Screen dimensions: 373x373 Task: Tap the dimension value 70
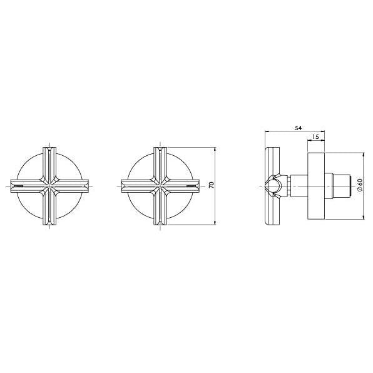pos(211,185)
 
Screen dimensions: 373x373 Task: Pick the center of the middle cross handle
pos(160,186)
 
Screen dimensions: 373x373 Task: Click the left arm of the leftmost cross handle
pos(22,186)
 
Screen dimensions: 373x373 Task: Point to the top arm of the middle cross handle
pos(160,160)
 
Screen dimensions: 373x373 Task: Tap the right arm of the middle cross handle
pos(186,186)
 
